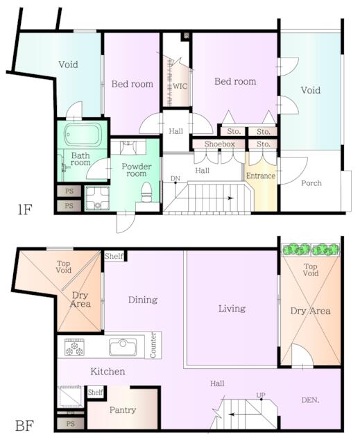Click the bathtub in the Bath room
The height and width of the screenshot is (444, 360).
[x=83, y=134]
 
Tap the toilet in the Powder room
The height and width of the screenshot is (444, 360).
[x=146, y=192]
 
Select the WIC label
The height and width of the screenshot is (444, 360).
[x=180, y=86]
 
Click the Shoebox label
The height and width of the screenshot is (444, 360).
[x=220, y=144]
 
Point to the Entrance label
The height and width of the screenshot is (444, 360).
[x=260, y=176]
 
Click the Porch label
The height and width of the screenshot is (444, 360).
[x=311, y=183]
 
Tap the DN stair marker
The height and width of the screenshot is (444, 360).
[x=175, y=179]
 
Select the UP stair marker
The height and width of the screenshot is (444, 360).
[x=261, y=395]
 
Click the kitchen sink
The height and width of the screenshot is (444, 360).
[x=123, y=347]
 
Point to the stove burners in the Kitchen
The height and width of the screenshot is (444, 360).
[x=74, y=347]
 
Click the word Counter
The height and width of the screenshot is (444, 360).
[x=153, y=345]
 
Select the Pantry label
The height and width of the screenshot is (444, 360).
[x=123, y=410]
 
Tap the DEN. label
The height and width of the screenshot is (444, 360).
[x=310, y=400]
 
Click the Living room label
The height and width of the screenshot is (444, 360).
[x=232, y=309]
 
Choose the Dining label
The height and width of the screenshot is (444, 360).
[x=143, y=300]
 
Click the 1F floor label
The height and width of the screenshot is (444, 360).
[x=24, y=210]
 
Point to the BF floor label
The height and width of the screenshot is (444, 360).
[x=24, y=425]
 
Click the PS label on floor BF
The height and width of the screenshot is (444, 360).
[x=71, y=424]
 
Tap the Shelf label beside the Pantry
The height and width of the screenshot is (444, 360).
[x=96, y=392]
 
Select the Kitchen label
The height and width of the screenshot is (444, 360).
[x=108, y=371]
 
